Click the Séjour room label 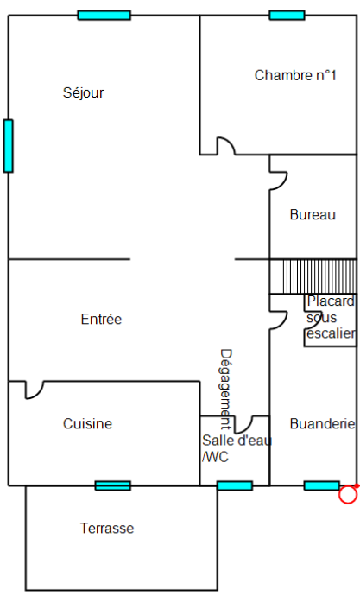(83, 92)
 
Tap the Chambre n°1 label (295, 75)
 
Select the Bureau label (313, 215)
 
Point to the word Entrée (101, 319)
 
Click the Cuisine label (88, 424)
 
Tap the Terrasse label (107, 529)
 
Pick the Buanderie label (322, 424)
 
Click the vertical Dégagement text (226, 390)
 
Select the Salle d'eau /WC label (237, 448)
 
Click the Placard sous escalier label (331, 317)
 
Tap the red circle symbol (348, 495)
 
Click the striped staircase (313, 276)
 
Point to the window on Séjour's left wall (9, 146)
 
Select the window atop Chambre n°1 (287, 16)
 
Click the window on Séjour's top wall (104, 16)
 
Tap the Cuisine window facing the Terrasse (113, 485)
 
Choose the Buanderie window (322, 485)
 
